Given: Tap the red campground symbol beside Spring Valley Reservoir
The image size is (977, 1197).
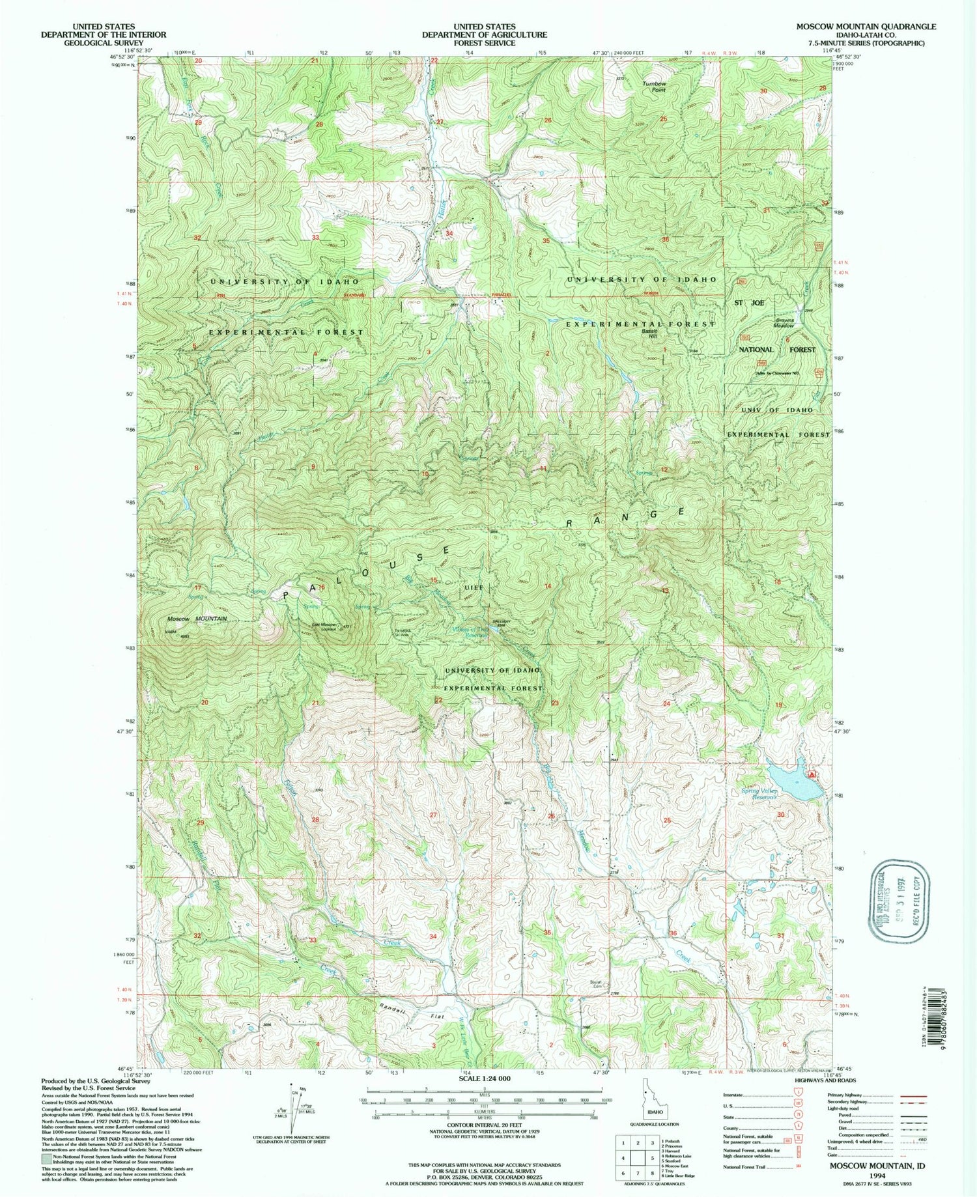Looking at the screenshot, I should tap(812, 775).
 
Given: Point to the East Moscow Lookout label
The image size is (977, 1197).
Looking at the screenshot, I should tap(324, 627).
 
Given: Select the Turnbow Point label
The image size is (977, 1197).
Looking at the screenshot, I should tap(654, 86).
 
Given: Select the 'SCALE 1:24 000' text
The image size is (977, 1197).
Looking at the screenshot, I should tap(485, 1078).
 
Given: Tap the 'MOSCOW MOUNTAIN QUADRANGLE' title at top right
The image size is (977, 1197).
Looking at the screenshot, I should tap(866, 27).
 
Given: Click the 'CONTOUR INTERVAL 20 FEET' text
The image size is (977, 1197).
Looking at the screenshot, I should tap(485, 1125).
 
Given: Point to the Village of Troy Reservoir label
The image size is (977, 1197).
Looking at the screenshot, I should tap(479, 632).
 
